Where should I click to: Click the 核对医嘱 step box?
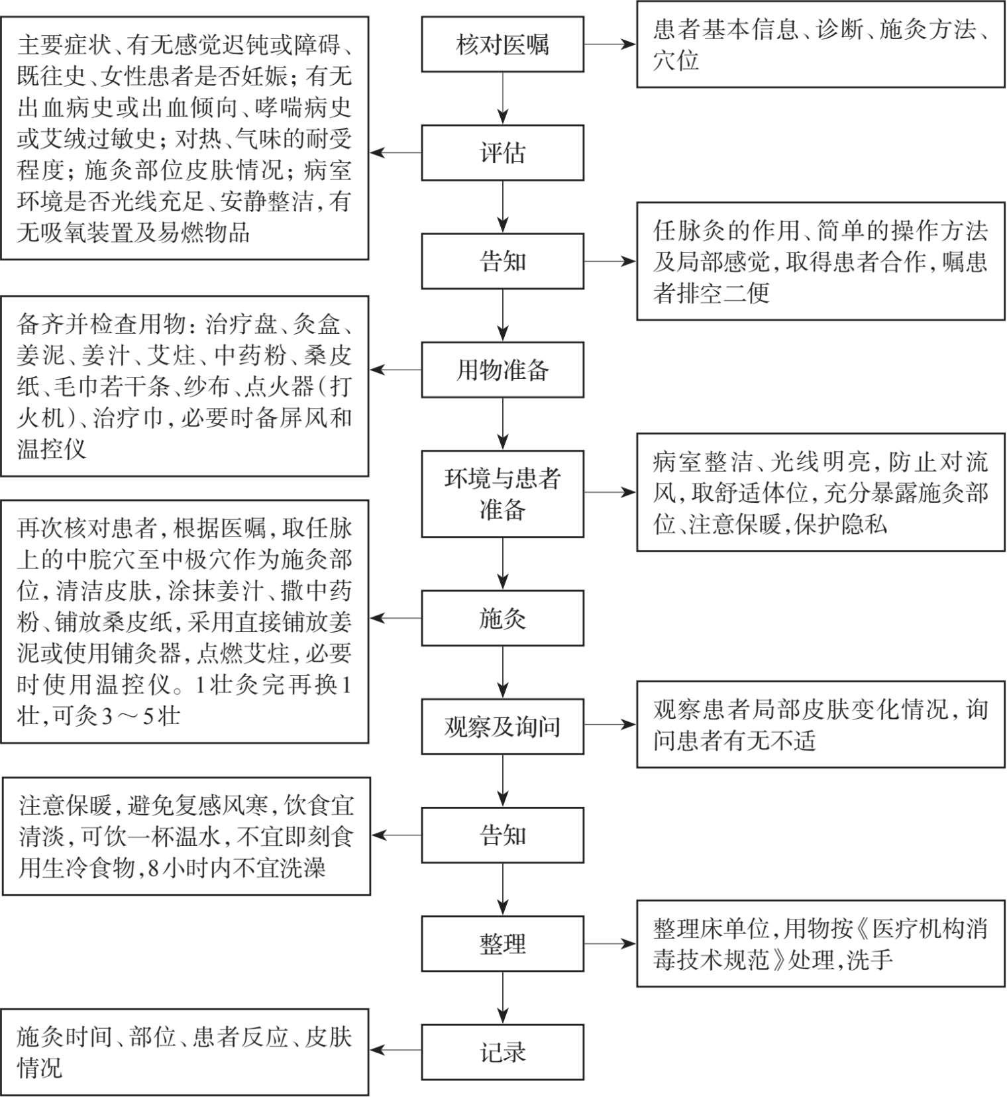tap(502, 44)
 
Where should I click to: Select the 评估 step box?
tap(502, 153)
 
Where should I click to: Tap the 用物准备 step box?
tap(502, 370)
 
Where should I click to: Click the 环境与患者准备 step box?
tap(502, 494)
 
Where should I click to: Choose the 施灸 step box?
tap(502, 618)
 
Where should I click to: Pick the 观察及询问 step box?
tap(502, 727)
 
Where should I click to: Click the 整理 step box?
tap(502, 943)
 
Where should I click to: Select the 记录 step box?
tap(502, 1052)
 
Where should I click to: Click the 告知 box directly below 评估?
tap(502, 261)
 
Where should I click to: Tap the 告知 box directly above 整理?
tap(502, 835)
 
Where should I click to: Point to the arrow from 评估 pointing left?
tap(396, 153)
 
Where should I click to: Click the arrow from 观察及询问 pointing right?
tap(609, 725)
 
